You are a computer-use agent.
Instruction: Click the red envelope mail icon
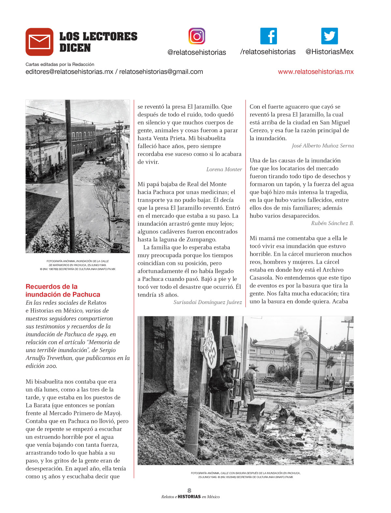click(39, 42)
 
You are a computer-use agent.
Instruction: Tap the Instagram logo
click(196, 36)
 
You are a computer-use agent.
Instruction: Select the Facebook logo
click(268, 36)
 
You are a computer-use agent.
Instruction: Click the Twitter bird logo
click(329, 36)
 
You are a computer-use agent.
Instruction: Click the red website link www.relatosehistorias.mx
click(315, 72)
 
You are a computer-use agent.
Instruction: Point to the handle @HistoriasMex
click(329, 52)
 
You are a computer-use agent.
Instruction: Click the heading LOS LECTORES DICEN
click(98, 42)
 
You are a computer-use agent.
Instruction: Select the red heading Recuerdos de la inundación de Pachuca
click(63, 290)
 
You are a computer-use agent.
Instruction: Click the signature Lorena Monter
click(224, 169)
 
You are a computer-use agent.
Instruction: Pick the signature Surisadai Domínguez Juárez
click(208, 302)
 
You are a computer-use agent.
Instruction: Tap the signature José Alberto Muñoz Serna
click(323, 146)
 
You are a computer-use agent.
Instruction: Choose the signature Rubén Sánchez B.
click(332, 223)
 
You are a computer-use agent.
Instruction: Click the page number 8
click(189, 490)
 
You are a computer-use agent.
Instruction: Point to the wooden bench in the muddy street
click(255, 409)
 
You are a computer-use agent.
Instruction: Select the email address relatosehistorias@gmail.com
click(161, 72)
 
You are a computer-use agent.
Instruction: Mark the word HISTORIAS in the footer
click(189, 497)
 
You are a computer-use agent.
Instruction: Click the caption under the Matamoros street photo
click(78, 265)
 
